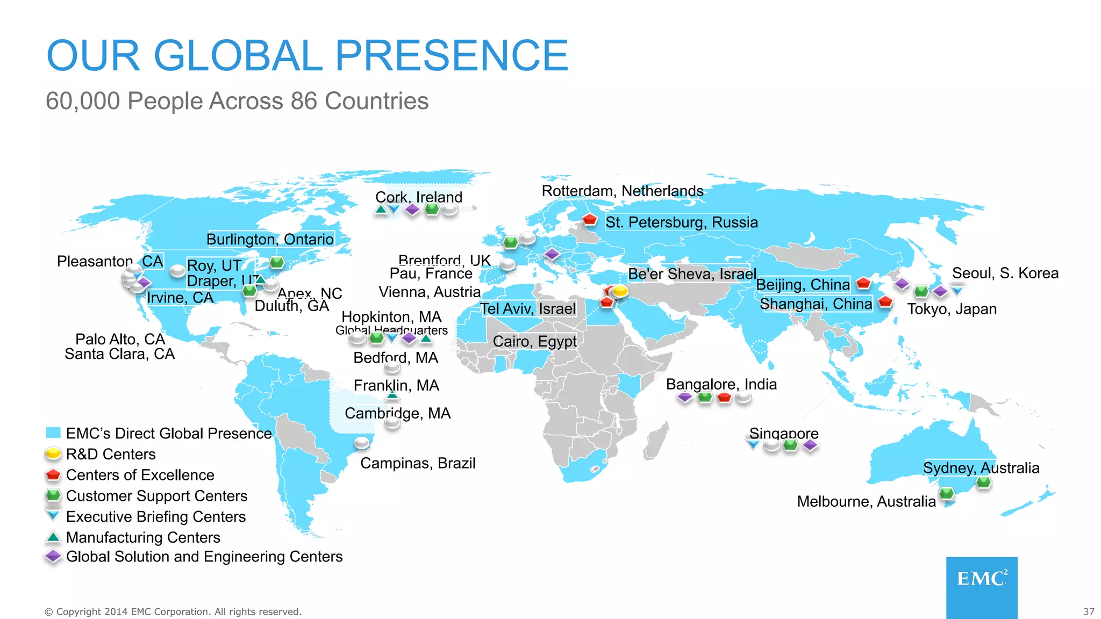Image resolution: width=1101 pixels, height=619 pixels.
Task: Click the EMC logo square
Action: click(x=982, y=587)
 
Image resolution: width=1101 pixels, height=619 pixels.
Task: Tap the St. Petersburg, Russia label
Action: click(x=681, y=222)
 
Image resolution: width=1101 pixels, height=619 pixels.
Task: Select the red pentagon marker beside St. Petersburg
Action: click(x=590, y=219)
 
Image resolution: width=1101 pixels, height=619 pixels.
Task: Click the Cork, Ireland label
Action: click(x=418, y=197)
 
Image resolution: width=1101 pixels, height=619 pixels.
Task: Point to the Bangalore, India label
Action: click(x=721, y=384)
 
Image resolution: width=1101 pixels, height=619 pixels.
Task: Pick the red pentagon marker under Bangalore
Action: click(x=724, y=398)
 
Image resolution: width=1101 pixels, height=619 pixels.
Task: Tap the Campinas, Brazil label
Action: click(x=418, y=463)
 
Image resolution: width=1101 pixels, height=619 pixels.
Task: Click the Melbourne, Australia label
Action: click(x=866, y=501)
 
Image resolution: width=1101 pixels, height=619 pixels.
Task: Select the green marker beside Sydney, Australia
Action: click(x=983, y=483)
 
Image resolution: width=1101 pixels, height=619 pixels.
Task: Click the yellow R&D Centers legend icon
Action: click(x=53, y=454)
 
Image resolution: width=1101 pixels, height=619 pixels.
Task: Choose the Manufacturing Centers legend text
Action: click(x=143, y=537)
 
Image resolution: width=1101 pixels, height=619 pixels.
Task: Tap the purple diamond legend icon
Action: click(x=53, y=557)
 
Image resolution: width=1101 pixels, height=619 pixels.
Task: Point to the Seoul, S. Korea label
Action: click(x=1005, y=273)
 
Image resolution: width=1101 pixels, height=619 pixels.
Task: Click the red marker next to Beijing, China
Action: click(x=863, y=283)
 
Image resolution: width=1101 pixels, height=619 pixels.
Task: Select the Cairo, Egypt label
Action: click(x=534, y=341)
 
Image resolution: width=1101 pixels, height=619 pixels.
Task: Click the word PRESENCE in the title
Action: click(x=452, y=55)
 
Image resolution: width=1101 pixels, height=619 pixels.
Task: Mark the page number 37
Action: click(x=1089, y=611)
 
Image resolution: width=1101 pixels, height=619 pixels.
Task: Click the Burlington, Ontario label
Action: click(x=270, y=239)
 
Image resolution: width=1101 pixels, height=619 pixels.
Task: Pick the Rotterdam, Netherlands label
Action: click(x=622, y=191)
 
